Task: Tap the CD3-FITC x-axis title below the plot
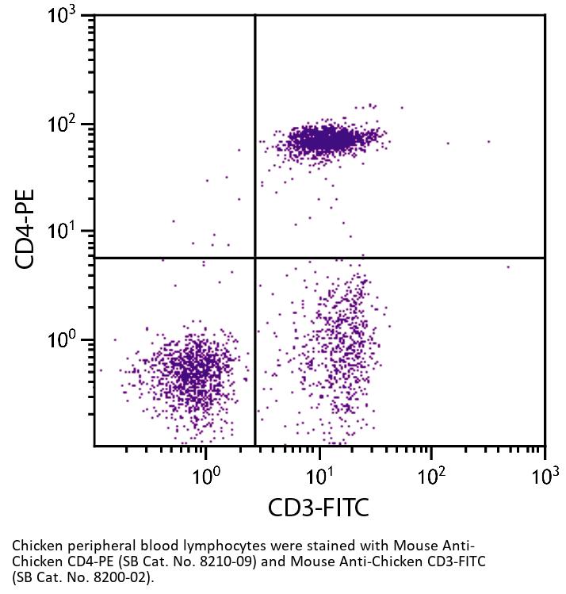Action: coord(319,507)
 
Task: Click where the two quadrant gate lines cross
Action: coord(255,258)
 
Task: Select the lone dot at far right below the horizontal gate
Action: coord(508,267)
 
